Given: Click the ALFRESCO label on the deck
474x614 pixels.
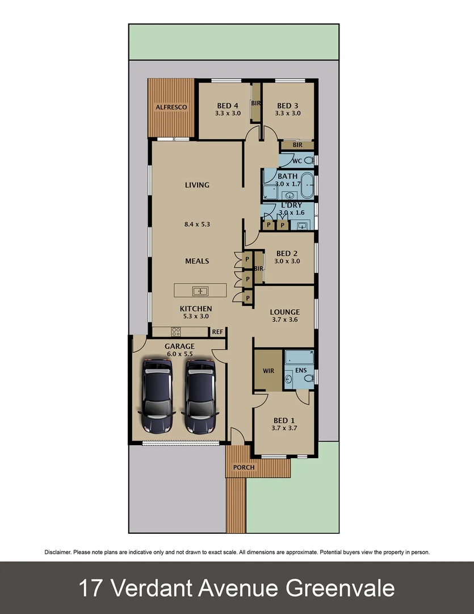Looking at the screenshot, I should (171, 107).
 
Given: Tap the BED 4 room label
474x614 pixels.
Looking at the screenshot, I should (228, 106).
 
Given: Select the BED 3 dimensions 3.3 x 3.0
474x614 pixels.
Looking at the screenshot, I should (288, 113).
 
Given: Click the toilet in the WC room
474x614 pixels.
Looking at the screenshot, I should (309, 161).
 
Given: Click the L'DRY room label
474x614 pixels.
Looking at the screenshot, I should (291, 205).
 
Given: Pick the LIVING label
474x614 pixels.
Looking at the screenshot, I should (197, 185).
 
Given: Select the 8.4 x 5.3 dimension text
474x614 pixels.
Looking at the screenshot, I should (197, 224).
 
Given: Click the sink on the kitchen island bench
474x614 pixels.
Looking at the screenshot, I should (200, 291).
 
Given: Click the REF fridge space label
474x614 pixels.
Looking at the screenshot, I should (217, 331).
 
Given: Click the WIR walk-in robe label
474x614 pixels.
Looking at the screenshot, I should (269, 371).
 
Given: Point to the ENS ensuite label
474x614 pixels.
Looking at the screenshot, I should (301, 370).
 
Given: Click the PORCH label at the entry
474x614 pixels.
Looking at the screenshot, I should (244, 467).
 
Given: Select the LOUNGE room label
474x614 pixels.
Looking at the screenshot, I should (284, 312).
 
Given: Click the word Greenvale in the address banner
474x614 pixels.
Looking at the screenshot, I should (340, 588).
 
